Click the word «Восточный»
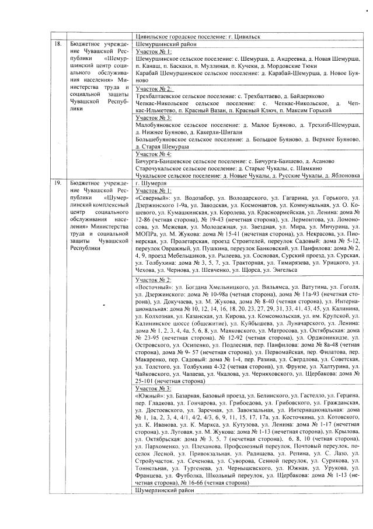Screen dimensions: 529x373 pyautogui.click(x=152, y=288)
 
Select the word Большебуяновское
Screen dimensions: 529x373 pyautogui.click(x=159, y=140)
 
